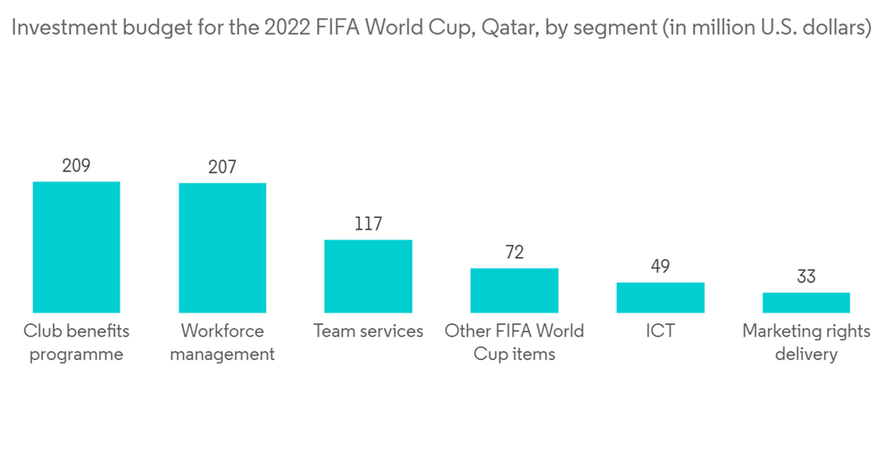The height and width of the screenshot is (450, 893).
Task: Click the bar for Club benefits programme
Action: [x=76, y=247]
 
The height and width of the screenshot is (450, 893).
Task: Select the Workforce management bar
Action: [x=222, y=248]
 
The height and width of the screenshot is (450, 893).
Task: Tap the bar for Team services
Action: [x=368, y=276]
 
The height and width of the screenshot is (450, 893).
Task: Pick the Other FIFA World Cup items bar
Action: [x=514, y=290]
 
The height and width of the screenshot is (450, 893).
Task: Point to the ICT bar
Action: [x=661, y=297]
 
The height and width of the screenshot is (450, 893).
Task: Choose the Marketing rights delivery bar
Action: [x=806, y=303]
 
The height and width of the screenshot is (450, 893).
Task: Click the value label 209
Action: [x=76, y=166]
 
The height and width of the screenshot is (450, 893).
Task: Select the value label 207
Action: [x=222, y=168]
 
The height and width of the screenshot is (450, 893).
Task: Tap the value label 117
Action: [x=368, y=224]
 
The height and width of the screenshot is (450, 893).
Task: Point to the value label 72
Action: [x=514, y=253]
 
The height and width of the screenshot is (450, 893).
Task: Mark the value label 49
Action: [x=661, y=267]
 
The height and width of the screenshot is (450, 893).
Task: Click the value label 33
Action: [x=806, y=277]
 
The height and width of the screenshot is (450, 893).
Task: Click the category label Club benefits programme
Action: [x=76, y=343]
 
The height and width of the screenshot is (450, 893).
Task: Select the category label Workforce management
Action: [x=222, y=343]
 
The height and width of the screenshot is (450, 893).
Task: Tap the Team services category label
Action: [x=368, y=331]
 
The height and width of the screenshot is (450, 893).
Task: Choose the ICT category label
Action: [x=661, y=331]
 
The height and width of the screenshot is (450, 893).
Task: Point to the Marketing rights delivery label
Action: [x=806, y=343]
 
